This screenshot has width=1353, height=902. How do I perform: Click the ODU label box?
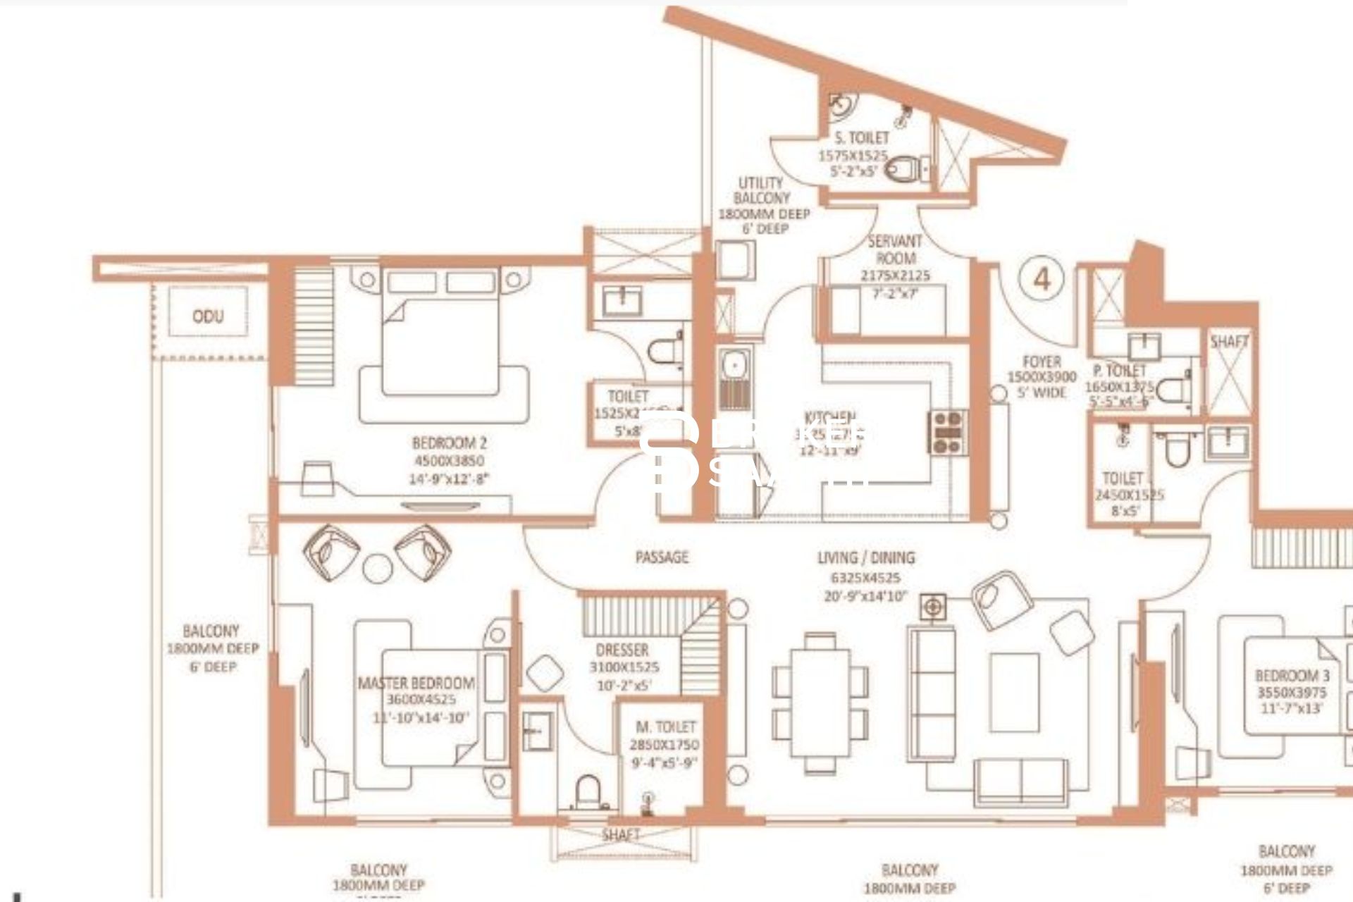(x=208, y=315)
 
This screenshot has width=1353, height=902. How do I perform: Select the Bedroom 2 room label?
(x=449, y=443)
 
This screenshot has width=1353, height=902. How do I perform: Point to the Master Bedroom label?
(x=416, y=683)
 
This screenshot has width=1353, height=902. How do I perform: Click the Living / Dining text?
(x=866, y=558)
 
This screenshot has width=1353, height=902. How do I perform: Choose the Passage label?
(x=662, y=557)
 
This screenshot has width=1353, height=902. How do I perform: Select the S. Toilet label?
(x=861, y=137)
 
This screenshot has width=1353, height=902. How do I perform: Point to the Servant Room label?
(x=895, y=249)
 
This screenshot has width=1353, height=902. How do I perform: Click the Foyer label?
(x=1042, y=362)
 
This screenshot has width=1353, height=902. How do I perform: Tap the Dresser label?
(x=622, y=650)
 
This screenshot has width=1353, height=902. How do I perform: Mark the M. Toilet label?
(x=665, y=727)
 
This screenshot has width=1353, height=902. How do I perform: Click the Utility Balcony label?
(x=761, y=190)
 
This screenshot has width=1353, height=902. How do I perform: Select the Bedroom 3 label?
(x=1292, y=676)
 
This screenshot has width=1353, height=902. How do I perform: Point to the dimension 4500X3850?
(x=449, y=461)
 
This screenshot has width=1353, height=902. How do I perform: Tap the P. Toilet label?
(x=1120, y=371)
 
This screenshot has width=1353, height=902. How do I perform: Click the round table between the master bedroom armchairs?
(x=377, y=567)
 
